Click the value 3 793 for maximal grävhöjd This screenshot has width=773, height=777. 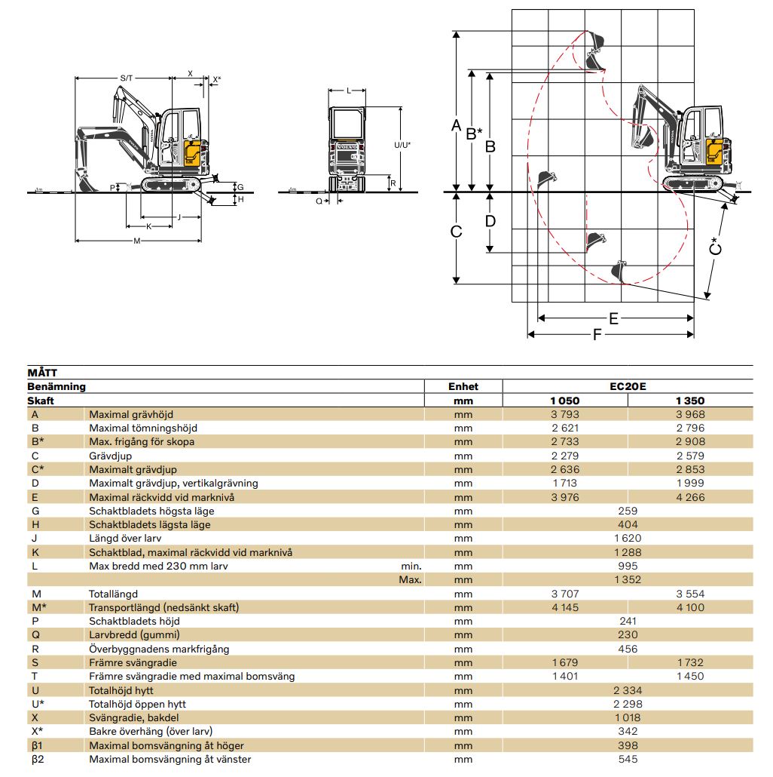565,414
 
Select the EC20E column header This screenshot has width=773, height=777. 628,386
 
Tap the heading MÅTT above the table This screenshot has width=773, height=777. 42,373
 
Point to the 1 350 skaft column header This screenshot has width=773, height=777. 690,401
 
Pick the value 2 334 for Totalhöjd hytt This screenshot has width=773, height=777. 628,690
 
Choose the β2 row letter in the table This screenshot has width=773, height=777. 38,759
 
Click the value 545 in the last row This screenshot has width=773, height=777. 628,759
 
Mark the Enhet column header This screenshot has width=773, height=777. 463,386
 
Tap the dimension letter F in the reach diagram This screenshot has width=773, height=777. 597,334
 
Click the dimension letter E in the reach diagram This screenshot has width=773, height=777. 613,318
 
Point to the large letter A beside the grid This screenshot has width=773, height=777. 456,125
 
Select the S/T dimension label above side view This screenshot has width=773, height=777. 126,78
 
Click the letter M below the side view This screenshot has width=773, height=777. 137,241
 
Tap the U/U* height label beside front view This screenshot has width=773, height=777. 402,145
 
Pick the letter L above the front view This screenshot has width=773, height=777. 348,91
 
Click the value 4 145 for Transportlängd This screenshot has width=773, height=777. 565,607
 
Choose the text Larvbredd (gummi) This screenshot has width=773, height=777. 135,635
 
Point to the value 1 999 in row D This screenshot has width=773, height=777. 690,483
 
